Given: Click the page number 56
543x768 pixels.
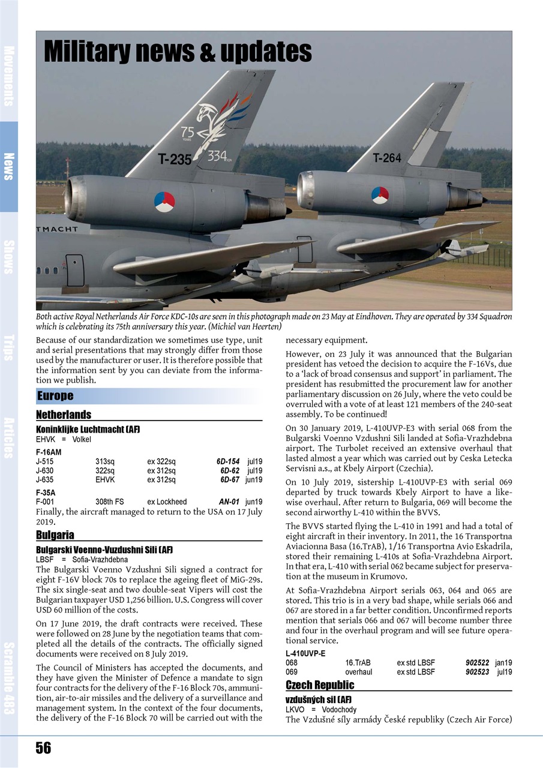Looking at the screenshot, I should click(43, 748).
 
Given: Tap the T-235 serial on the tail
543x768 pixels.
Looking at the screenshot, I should click(174, 159).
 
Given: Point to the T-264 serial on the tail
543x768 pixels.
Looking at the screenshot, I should click(387, 158).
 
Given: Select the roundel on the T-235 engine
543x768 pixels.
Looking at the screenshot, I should click(164, 201).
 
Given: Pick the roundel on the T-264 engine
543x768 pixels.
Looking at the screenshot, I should click(380, 195).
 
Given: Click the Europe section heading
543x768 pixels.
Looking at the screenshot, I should click(55, 396).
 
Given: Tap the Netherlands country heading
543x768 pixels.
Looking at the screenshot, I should click(64, 415).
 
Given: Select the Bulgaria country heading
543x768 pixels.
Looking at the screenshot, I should click(55, 535).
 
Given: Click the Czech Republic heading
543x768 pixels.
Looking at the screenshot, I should click(320, 685).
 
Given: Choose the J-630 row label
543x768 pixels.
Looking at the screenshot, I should click(45, 471).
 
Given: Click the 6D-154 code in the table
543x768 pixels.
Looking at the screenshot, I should click(228, 462).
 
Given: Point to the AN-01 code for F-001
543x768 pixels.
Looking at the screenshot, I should click(229, 502).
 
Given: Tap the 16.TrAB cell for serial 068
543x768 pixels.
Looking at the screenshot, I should click(358, 663).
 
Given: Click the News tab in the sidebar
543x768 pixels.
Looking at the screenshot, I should click(9, 166).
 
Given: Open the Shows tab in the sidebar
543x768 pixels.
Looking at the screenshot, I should click(9, 257).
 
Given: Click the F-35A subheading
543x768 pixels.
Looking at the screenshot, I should click(46, 493).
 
